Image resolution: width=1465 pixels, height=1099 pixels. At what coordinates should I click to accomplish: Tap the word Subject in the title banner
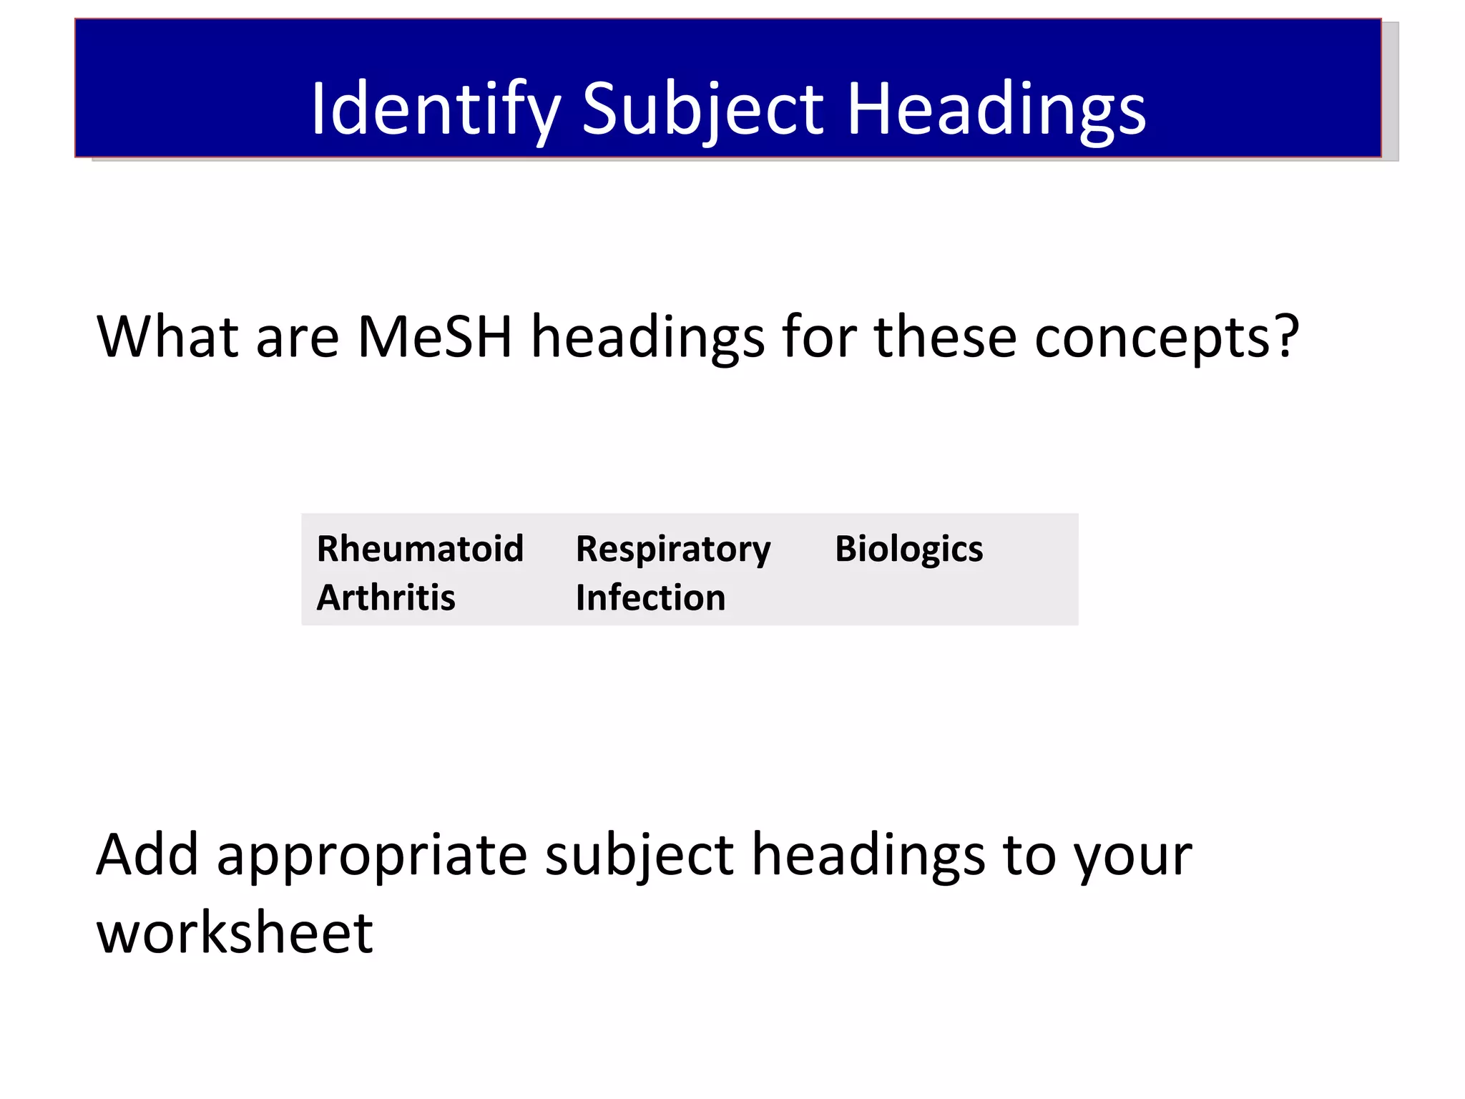(703, 109)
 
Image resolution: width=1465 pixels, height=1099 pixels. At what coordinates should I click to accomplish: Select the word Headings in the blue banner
(996, 109)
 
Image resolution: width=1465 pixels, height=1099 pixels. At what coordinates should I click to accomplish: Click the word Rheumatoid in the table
(421, 549)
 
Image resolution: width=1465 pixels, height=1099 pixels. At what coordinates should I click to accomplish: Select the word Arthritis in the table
(386, 597)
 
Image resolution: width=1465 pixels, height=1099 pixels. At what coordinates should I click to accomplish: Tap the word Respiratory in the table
(673, 549)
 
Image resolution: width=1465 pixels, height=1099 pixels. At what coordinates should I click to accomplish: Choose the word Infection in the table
(650, 597)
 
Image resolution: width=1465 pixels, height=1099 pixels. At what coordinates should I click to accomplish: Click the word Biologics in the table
(908, 549)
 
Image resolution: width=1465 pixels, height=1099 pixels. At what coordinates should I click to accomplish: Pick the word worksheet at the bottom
(235, 933)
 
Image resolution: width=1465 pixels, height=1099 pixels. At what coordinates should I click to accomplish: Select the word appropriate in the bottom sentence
(372, 856)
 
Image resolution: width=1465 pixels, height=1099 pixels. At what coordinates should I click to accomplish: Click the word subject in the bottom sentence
(639, 856)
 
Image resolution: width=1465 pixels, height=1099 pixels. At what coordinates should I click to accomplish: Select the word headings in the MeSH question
(647, 338)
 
